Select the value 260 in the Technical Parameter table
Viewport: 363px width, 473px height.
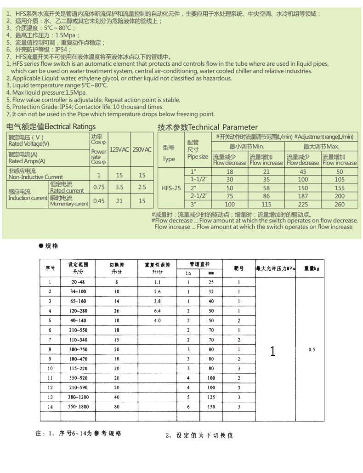340,204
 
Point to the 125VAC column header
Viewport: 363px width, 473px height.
120,150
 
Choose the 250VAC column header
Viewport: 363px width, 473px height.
142,150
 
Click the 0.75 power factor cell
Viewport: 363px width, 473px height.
99,187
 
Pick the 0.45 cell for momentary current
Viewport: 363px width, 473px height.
99,201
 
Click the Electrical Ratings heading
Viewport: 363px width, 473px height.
51,126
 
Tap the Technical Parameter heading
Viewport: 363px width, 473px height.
208,127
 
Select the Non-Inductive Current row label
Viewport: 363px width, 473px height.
36,174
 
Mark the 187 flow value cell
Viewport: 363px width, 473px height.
302,196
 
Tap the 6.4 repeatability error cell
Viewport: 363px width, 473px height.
158,311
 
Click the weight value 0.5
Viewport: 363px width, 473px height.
312,349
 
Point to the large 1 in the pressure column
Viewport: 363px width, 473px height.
273,352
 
